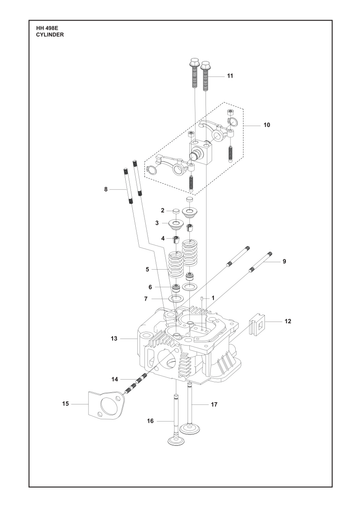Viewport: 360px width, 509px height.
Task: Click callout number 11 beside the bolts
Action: click(x=230, y=76)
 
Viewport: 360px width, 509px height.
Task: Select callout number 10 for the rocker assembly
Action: click(x=267, y=125)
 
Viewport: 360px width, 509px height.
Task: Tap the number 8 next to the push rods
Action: click(x=106, y=189)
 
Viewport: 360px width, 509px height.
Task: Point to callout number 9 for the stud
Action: click(x=284, y=261)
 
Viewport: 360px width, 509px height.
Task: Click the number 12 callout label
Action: click(x=288, y=321)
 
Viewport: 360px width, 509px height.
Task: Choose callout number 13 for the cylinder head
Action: click(x=114, y=339)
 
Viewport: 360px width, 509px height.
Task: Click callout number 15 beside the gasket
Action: click(x=65, y=404)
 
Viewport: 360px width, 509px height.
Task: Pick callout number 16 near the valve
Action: click(x=150, y=421)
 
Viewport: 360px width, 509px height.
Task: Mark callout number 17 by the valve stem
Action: click(x=214, y=404)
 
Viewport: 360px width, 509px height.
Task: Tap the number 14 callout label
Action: click(x=115, y=379)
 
